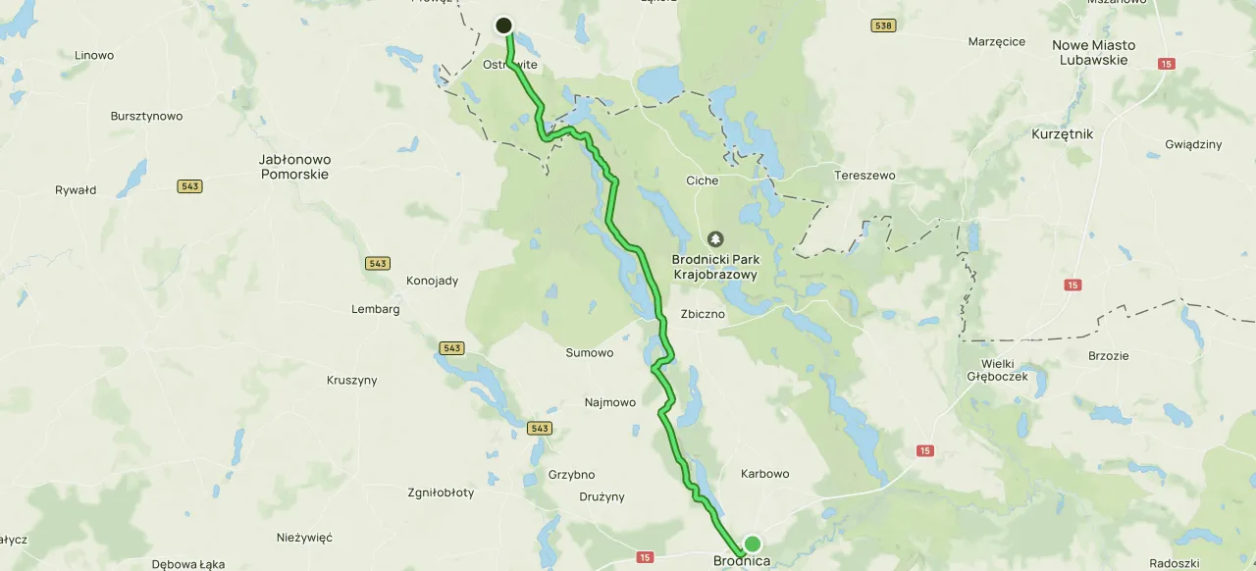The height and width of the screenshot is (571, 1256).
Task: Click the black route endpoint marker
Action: [504, 26]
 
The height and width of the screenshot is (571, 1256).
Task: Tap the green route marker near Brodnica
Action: [752, 544]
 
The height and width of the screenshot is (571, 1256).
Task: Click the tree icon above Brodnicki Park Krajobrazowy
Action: [715, 238]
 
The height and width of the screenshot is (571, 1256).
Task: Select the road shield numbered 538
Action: [883, 26]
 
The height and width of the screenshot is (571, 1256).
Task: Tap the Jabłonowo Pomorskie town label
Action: [294, 167]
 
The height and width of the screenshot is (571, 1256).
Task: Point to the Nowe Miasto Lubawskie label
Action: [1093, 52]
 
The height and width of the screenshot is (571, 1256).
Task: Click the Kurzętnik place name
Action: [1062, 133]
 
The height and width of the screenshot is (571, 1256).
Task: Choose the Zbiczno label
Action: [703, 315]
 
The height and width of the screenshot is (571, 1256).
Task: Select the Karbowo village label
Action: [764, 474]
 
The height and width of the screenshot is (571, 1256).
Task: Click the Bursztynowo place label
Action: [146, 116]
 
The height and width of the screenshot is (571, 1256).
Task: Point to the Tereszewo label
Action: [864, 176]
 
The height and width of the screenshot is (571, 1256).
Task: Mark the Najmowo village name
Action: [610, 402]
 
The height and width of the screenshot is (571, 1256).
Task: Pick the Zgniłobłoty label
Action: [441, 493]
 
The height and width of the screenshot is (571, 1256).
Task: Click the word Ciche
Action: [702, 181]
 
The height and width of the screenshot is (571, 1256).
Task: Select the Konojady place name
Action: [432, 281]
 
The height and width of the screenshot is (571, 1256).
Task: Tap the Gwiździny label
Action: [1193, 144]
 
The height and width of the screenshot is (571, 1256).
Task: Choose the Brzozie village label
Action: [1109, 356]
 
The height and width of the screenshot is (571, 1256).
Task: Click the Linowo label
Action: [94, 56]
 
